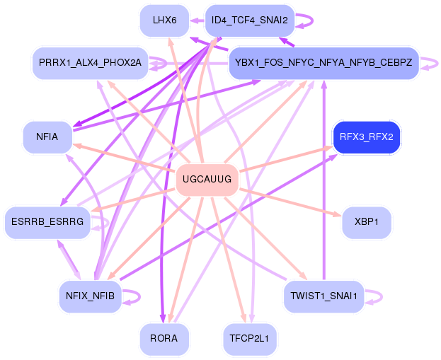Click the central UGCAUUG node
(207, 179)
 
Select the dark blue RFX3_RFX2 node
(367, 137)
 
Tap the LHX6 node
(164, 21)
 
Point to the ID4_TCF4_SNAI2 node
(250, 21)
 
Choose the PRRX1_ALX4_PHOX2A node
(91, 63)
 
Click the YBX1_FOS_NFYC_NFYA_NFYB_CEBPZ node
(323, 63)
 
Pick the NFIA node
(47, 137)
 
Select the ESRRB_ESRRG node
(47, 222)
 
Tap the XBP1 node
(367, 222)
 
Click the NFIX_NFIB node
(91, 296)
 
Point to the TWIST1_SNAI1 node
(323, 296)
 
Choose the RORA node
(164, 338)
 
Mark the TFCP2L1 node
(249, 338)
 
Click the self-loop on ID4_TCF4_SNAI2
(312, 21)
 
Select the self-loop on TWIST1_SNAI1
(382, 296)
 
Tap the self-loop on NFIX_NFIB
(139, 296)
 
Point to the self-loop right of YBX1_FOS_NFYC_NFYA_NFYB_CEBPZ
(437, 63)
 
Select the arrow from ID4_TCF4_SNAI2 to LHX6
(197, 21)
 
